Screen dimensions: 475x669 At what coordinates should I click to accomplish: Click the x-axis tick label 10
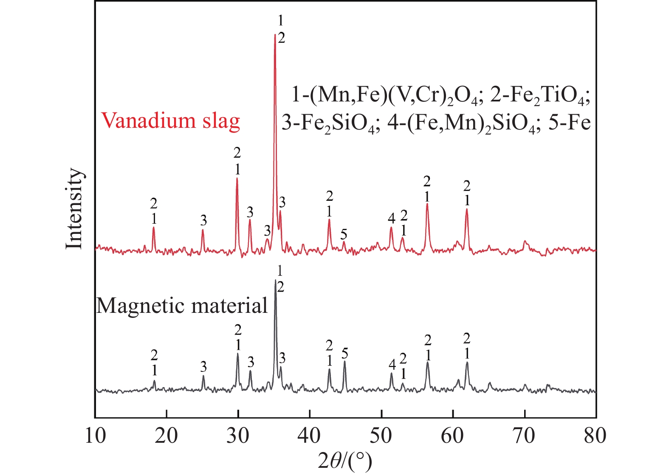[95, 436]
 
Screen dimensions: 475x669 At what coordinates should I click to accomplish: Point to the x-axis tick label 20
[167, 436]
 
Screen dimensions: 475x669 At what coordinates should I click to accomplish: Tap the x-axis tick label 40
[310, 436]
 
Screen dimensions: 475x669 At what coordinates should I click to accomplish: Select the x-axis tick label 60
[453, 436]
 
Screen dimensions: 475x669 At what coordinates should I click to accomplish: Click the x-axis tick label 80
[596, 436]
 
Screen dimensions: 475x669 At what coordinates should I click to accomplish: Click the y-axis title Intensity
[74, 208]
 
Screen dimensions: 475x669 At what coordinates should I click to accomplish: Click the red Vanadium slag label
[170, 121]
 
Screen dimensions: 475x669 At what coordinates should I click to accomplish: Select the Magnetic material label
[182, 306]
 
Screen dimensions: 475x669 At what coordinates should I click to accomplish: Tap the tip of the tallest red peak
[275, 35]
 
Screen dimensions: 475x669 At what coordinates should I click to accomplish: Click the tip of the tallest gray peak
[275, 280]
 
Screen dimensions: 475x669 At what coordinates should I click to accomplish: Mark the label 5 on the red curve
[344, 234]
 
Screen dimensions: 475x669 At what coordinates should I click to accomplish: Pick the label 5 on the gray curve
[344, 353]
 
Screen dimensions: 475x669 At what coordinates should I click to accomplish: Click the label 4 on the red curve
[391, 219]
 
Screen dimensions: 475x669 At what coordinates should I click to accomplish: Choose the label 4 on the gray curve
[392, 364]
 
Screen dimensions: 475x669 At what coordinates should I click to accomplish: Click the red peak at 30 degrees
[237, 178]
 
